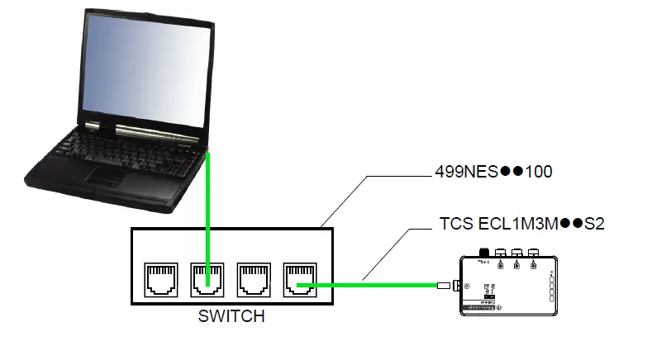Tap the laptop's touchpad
coord(106,174)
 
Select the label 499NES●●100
coord(493,173)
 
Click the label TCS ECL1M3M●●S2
coord(523,224)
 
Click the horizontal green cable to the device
coord(372,287)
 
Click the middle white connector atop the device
coord(517,253)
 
